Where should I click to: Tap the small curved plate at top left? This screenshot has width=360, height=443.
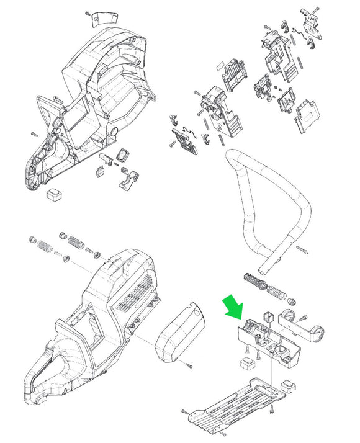(103, 17)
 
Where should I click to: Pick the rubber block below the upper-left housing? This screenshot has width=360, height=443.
(55, 195)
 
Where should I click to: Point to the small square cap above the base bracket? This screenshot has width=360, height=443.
(268, 316)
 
